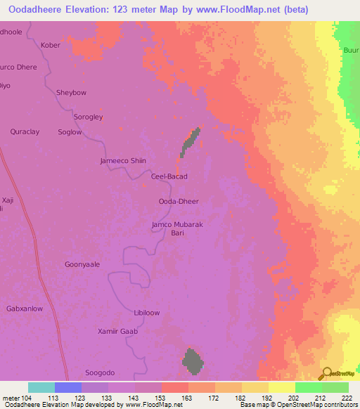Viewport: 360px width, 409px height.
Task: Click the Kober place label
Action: [51, 45]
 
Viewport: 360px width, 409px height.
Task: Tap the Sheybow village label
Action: [70, 92]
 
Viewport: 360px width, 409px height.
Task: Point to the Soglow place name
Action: [70, 132]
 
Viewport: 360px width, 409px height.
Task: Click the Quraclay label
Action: [25, 131]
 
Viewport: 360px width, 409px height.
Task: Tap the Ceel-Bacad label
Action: [169, 176]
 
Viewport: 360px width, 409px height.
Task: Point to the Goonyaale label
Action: [82, 264]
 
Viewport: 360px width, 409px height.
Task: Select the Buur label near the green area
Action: [350, 51]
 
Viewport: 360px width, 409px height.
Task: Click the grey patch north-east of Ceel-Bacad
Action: [190, 143]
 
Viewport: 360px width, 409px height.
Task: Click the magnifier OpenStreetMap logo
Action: [327, 372]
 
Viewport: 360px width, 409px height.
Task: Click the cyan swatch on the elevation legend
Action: [41, 387]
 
